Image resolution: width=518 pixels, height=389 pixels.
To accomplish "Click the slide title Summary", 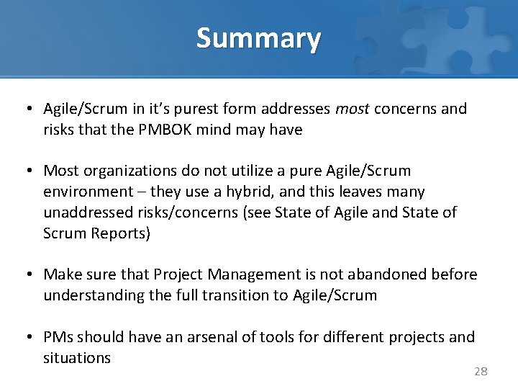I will [258, 38].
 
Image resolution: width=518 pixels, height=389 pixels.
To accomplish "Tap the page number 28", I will [481, 371].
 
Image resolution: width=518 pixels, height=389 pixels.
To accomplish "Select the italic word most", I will [353, 109].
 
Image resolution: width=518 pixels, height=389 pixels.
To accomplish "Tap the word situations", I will [77, 357].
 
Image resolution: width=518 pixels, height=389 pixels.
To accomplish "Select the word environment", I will [88, 192].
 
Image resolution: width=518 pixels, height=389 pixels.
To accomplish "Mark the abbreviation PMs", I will [58, 336].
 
